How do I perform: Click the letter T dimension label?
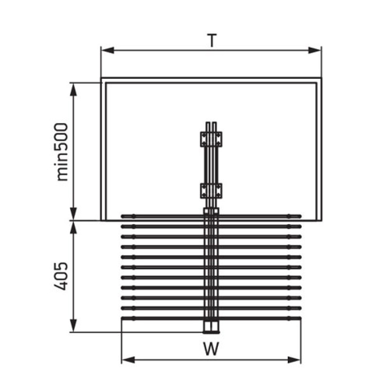(212, 40)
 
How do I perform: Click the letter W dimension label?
(211, 349)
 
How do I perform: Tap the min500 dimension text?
(62, 152)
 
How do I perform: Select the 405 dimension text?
(61, 276)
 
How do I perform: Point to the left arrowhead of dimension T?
(107, 51)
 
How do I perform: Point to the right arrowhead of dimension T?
(315, 51)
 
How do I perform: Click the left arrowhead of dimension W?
(128, 360)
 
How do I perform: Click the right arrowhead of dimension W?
(294, 360)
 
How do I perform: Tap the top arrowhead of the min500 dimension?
(73, 89)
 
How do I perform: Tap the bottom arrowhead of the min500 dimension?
(73, 214)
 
